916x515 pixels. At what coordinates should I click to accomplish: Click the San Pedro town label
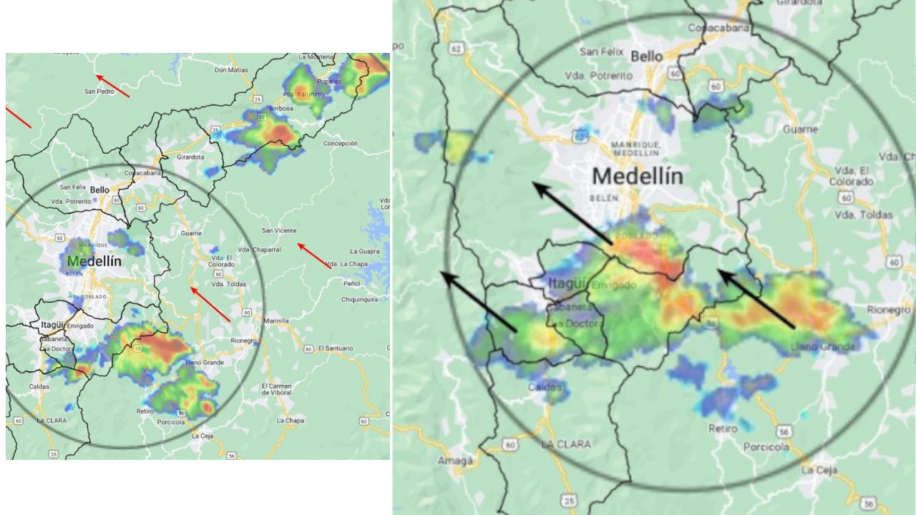(99, 92)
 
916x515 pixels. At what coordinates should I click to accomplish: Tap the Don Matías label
(230, 70)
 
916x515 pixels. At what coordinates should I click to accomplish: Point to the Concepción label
(340, 144)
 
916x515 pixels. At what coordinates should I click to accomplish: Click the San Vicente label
(278, 230)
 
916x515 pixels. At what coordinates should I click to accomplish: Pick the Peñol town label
(351, 284)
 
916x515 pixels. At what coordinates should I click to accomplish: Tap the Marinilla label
(276, 321)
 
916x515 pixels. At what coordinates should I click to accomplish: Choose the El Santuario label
(335, 348)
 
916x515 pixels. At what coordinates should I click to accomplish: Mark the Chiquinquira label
(359, 300)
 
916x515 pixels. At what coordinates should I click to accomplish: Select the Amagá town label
(455, 461)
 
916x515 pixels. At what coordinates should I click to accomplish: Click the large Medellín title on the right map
(638, 176)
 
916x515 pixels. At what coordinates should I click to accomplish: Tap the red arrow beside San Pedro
(112, 86)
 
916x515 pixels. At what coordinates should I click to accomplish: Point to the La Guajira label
(364, 252)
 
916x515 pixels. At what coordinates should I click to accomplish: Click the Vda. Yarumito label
(299, 94)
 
